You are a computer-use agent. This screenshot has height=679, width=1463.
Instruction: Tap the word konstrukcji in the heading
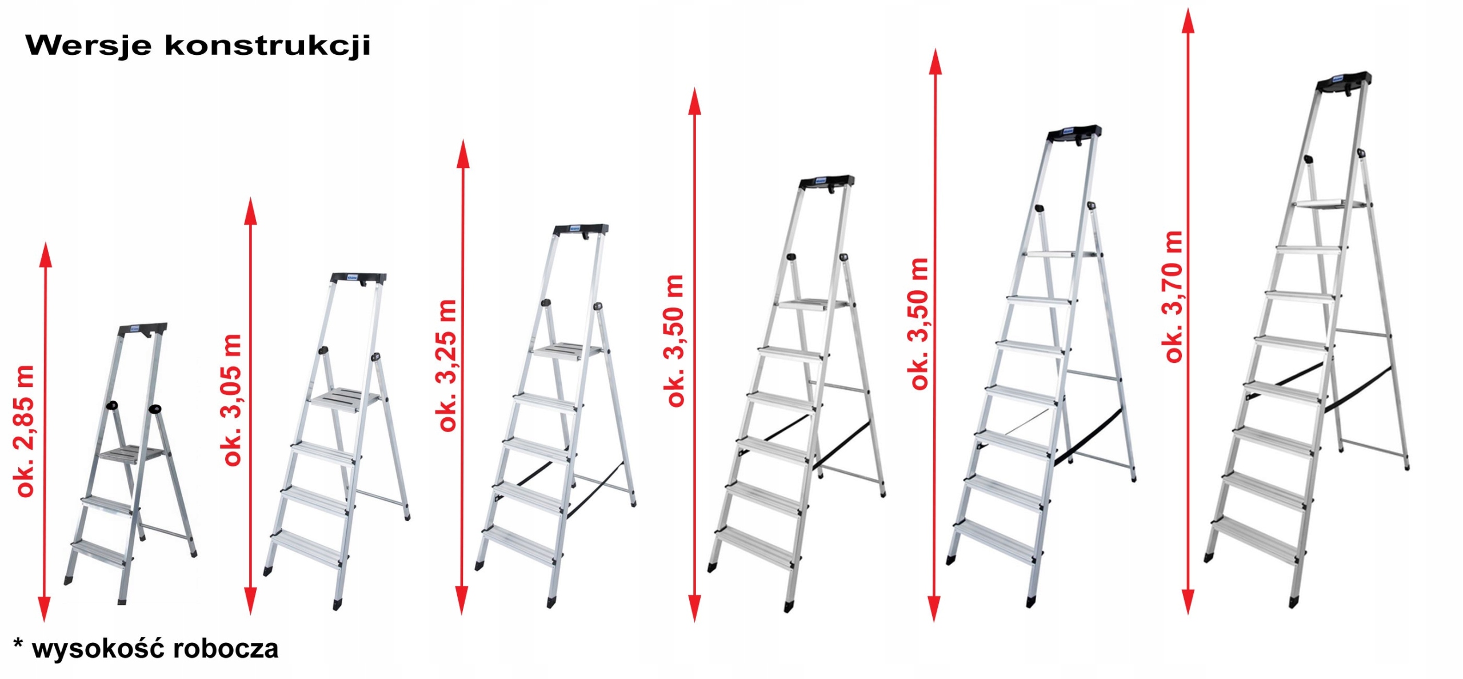point(267,45)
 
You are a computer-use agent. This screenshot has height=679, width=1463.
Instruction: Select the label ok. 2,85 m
point(25,432)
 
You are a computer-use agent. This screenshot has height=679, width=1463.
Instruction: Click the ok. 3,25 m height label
point(447,365)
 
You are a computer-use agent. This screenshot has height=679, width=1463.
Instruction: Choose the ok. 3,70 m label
point(1172,297)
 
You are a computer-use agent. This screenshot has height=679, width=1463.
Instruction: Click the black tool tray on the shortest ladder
point(142,330)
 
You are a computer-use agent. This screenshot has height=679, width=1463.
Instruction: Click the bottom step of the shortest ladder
point(101,553)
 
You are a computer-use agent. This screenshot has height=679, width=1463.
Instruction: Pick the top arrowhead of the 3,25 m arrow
point(463,153)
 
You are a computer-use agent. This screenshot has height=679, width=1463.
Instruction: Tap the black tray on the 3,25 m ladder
point(581,230)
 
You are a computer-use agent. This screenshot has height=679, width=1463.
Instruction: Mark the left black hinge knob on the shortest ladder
point(113,406)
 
